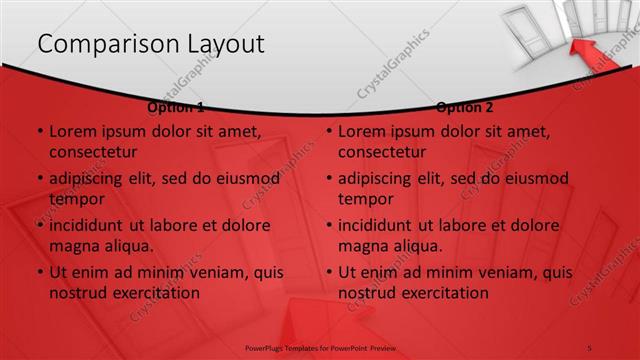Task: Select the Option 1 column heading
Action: click(175, 107)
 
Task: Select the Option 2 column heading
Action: click(465, 107)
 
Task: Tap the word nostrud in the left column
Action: click(78, 293)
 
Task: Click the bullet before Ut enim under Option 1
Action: click(40, 272)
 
